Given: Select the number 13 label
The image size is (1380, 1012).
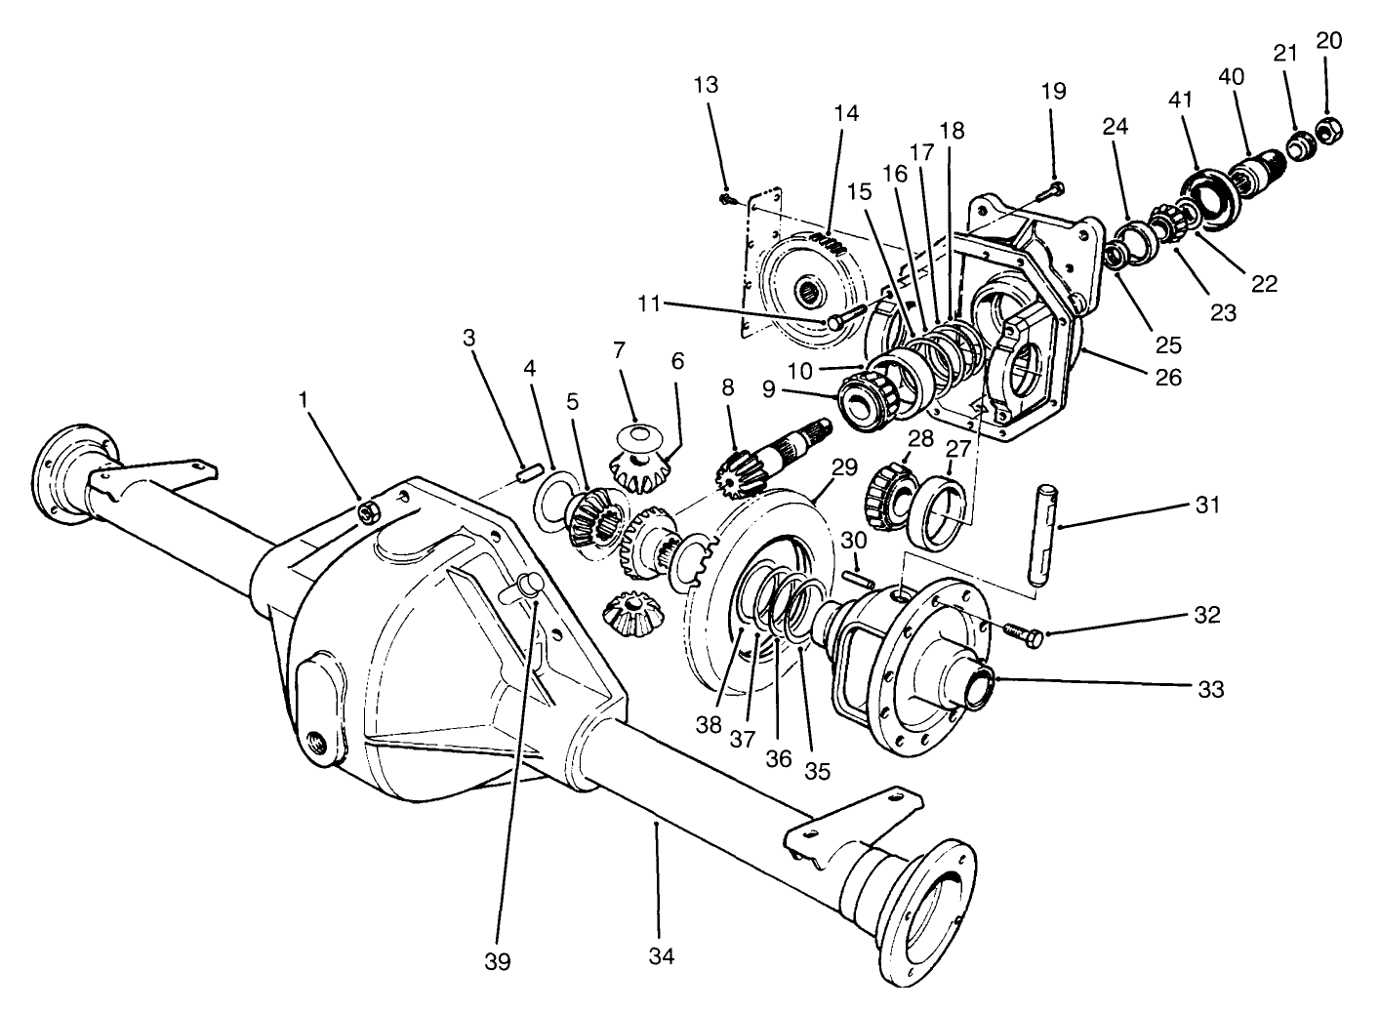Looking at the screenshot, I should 706,85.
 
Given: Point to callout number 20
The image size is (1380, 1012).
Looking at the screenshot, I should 1328,40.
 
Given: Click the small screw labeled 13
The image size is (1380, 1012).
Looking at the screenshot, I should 727,198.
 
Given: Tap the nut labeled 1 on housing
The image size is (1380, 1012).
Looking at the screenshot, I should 369,511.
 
